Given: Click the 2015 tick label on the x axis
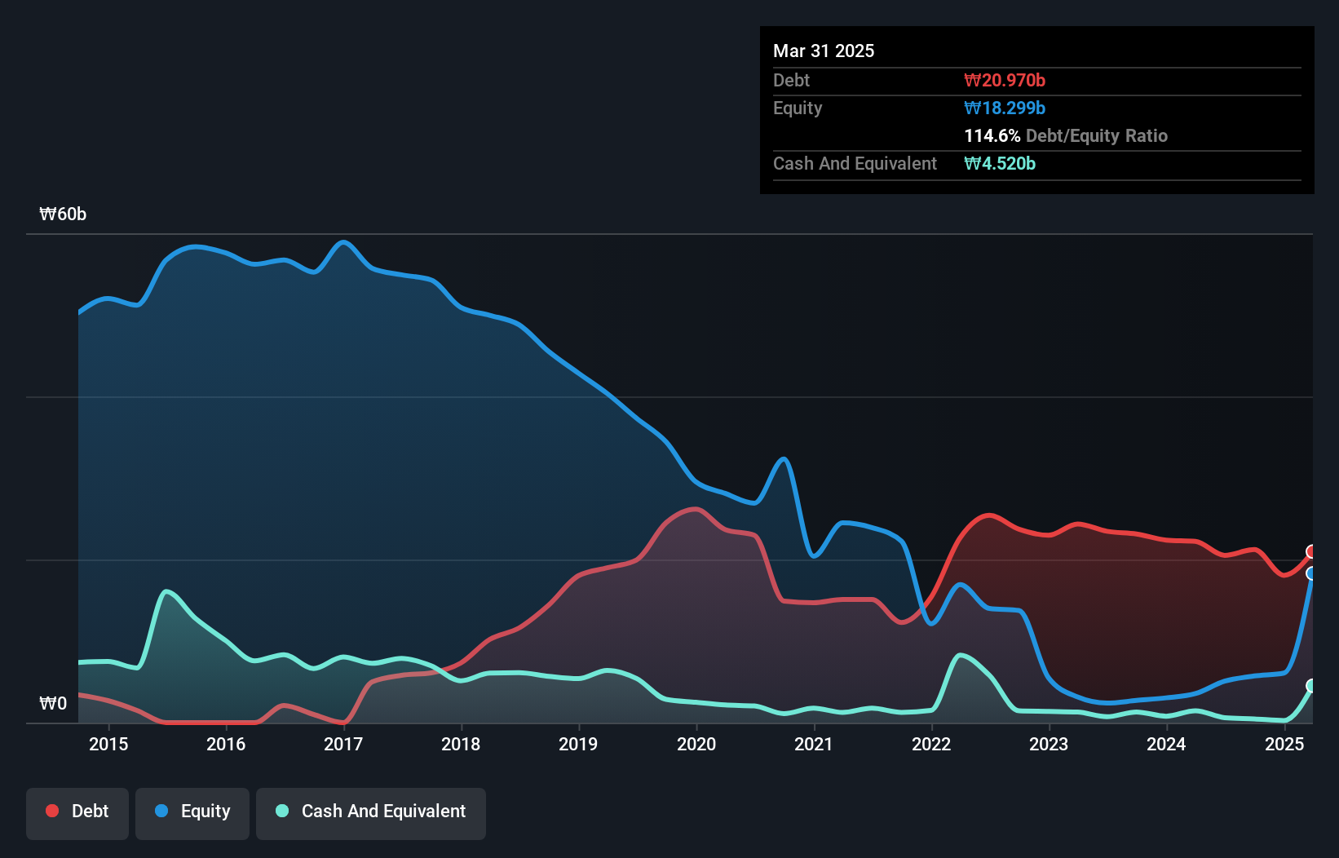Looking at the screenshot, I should coord(108,744).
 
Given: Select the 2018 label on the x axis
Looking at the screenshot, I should coord(461,744).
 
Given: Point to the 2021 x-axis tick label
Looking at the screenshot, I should coord(814,744).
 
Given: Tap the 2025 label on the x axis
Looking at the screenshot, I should coord(1284,744).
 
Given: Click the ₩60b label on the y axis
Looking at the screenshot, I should coord(63,214).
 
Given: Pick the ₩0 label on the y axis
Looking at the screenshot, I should coord(53,703).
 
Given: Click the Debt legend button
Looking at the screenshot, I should coord(77,812).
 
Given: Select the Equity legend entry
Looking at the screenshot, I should coord(192,812).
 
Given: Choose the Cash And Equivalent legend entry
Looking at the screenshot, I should coord(371,812).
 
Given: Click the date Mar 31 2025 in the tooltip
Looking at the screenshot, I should coord(824,51).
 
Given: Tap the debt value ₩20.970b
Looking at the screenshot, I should coord(1005,80).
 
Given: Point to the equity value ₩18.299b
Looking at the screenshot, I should coord(1005,108).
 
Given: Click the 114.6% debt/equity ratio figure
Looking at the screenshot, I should coord(992,135).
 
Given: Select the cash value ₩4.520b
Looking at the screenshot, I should coord(1000,163).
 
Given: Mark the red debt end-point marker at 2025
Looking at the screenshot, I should coord(1311,552).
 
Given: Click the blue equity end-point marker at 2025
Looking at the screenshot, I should coord(1311,574).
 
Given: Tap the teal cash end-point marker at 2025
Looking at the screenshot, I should coord(1311,686).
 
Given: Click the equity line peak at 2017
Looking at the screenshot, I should coord(343,242).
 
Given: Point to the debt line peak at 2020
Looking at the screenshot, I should coord(696,509).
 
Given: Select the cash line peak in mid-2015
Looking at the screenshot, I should coord(166,590).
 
